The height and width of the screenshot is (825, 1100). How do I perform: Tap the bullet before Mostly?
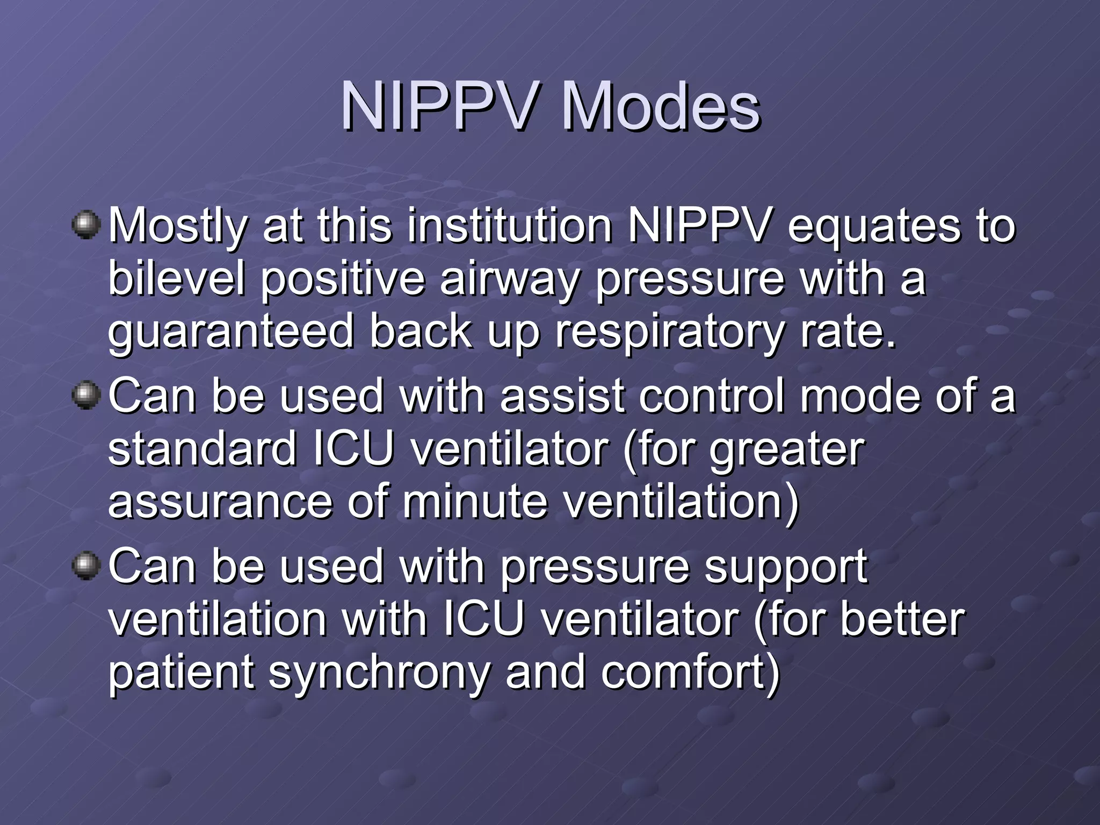click(86, 225)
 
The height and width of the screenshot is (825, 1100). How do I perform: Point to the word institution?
click(509, 226)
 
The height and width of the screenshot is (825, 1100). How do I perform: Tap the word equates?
click(873, 226)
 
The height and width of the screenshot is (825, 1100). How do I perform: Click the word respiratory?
click(669, 332)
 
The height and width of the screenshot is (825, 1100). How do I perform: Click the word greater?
click(786, 450)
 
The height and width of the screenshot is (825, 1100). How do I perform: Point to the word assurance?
click(220, 502)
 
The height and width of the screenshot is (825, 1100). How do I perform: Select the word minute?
click(475, 502)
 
